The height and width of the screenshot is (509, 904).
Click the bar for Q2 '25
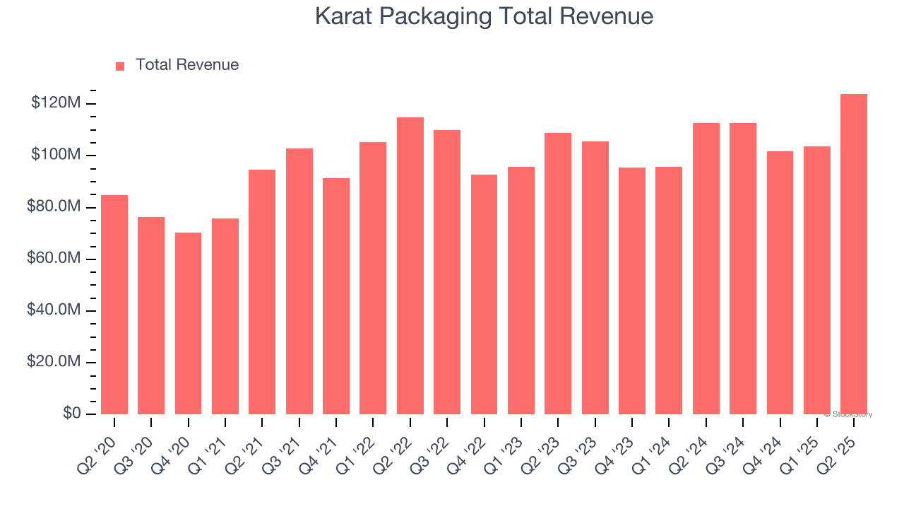tap(854, 254)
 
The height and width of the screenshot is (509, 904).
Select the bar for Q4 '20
tap(188, 323)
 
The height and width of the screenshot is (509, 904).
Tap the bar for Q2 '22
tap(410, 265)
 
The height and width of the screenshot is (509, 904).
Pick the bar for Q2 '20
tap(114, 304)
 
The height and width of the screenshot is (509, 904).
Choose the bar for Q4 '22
tap(484, 294)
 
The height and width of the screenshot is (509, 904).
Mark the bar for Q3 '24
tap(743, 268)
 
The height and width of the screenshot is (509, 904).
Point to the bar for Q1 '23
tap(521, 290)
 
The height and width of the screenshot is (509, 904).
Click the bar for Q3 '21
tap(299, 281)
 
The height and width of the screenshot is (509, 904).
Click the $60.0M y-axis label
tap(54, 259)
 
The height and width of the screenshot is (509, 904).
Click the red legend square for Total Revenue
tap(120, 66)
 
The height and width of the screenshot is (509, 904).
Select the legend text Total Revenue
tap(187, 65)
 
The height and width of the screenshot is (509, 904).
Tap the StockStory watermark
tap(848, 414)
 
